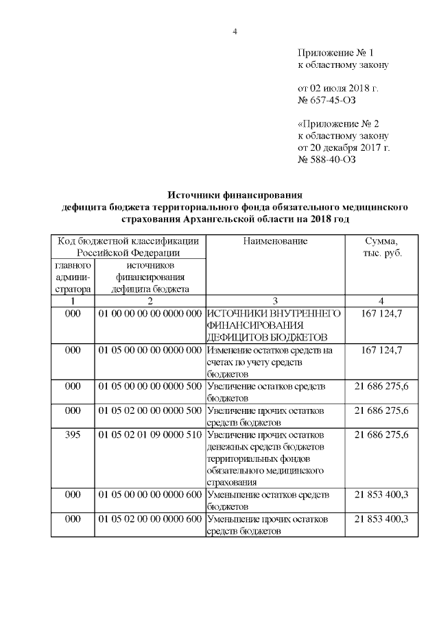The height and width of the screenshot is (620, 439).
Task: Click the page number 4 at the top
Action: (x=235, y=32)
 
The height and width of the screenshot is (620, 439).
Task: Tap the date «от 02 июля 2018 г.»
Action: (x=337, y=89)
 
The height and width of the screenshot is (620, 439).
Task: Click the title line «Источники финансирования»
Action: (x=235, y=195)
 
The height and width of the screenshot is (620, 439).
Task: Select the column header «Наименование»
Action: (x=275, y=241)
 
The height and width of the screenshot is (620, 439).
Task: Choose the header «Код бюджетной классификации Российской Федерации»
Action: (x=128, y=247)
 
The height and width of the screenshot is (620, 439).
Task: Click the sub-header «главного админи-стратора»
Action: (x=73, y=277)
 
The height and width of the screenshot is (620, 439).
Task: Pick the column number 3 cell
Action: (x=275, y=301)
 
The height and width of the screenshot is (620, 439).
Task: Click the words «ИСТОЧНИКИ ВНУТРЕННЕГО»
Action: (x=274, y=313)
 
